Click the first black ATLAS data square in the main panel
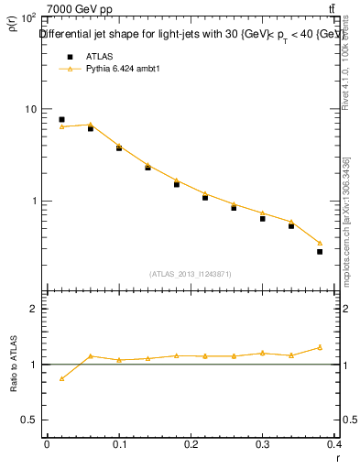point(61,119)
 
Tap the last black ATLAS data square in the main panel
point(320,251)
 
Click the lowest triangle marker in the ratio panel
point(61,378)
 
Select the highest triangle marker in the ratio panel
point(320,347)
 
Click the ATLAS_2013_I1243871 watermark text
point(191,274)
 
